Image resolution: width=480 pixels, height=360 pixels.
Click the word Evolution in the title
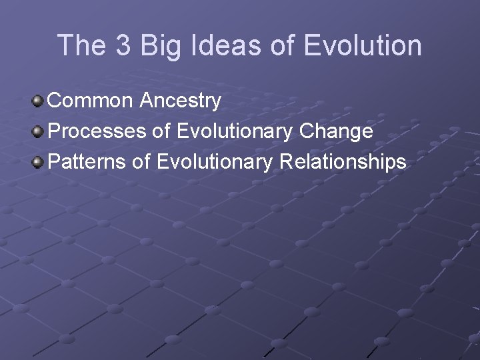pos(363,46)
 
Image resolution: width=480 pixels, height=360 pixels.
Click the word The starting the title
pos(81,46)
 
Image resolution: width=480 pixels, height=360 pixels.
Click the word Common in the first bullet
pos(92,101)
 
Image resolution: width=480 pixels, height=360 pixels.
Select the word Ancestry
pos(181,101)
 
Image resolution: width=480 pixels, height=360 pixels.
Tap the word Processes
pos(98,131)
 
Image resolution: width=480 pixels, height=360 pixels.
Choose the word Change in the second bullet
pos(337,131)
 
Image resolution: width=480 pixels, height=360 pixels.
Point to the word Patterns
pos(91,161)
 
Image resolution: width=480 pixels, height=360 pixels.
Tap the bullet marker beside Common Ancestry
pos(39,101)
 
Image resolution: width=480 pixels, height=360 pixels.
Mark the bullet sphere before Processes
pos(39,132)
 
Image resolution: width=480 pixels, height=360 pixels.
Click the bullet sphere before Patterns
pos(39,162)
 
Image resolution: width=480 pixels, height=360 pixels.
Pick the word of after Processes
pos(161,131)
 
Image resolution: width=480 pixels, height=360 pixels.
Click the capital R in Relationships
pos(285,161)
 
